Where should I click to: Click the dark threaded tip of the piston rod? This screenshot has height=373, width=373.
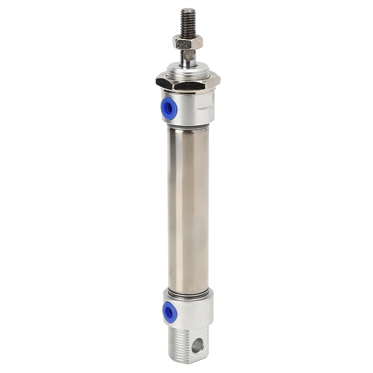click(187, 23)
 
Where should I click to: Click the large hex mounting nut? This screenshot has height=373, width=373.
click(186, 83)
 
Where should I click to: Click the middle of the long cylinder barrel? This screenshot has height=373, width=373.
click(188, 205)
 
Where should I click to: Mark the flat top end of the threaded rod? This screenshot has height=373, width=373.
click(188, 10)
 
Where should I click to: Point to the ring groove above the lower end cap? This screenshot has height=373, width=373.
click(188, 290)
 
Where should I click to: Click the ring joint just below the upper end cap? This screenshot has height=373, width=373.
click(188, 124)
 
